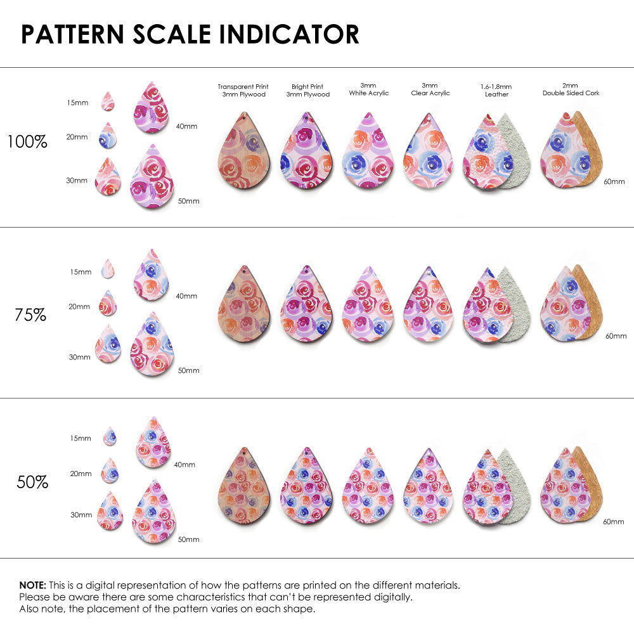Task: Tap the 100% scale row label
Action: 27,141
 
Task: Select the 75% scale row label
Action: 30,314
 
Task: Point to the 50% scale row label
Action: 32,482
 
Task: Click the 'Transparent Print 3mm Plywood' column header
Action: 243,90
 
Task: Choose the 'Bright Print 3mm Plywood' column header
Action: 307,90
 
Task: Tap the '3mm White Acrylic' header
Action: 369,89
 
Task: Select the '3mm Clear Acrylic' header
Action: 430,89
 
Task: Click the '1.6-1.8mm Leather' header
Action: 496,90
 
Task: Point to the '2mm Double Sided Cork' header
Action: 571,89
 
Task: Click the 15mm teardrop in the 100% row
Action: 108,101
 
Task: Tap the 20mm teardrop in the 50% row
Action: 108,470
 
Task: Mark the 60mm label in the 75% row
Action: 616,335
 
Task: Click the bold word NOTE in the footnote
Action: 32,585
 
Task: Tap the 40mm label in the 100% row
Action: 186,126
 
